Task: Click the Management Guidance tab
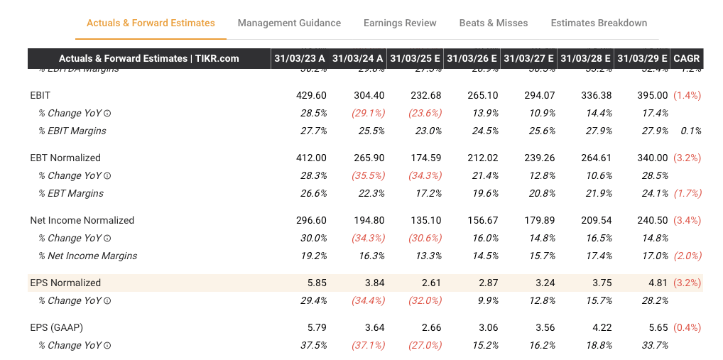coord(289,23)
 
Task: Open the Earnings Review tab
coord(400,23)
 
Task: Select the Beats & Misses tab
coord(494,23)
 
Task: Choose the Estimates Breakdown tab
coord(599,23)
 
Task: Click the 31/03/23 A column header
coord(301,58)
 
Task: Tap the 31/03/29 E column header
coord(642,58)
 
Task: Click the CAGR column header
coord(686,58)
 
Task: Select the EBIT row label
coord(40,95)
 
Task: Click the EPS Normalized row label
coord(65,283)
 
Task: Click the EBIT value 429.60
coord(311,95)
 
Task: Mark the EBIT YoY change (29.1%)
coord(368,113)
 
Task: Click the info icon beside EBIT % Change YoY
coord(107,114)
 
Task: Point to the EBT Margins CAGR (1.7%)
coord(687,193)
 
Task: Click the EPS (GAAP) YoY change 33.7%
coord(654,345)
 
